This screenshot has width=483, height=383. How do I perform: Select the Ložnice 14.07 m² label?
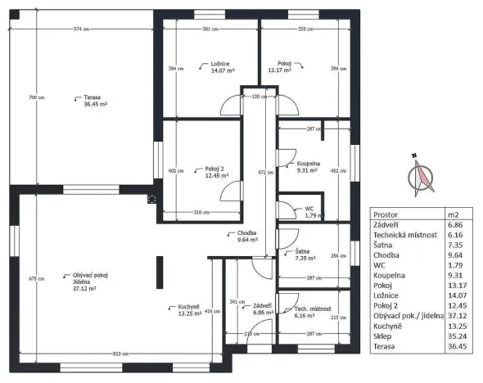(199, 67)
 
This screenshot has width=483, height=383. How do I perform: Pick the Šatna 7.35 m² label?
(304, 255)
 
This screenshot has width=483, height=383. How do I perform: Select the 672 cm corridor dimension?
(262, 173)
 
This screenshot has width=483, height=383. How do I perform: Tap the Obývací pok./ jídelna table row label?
(403, 314)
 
